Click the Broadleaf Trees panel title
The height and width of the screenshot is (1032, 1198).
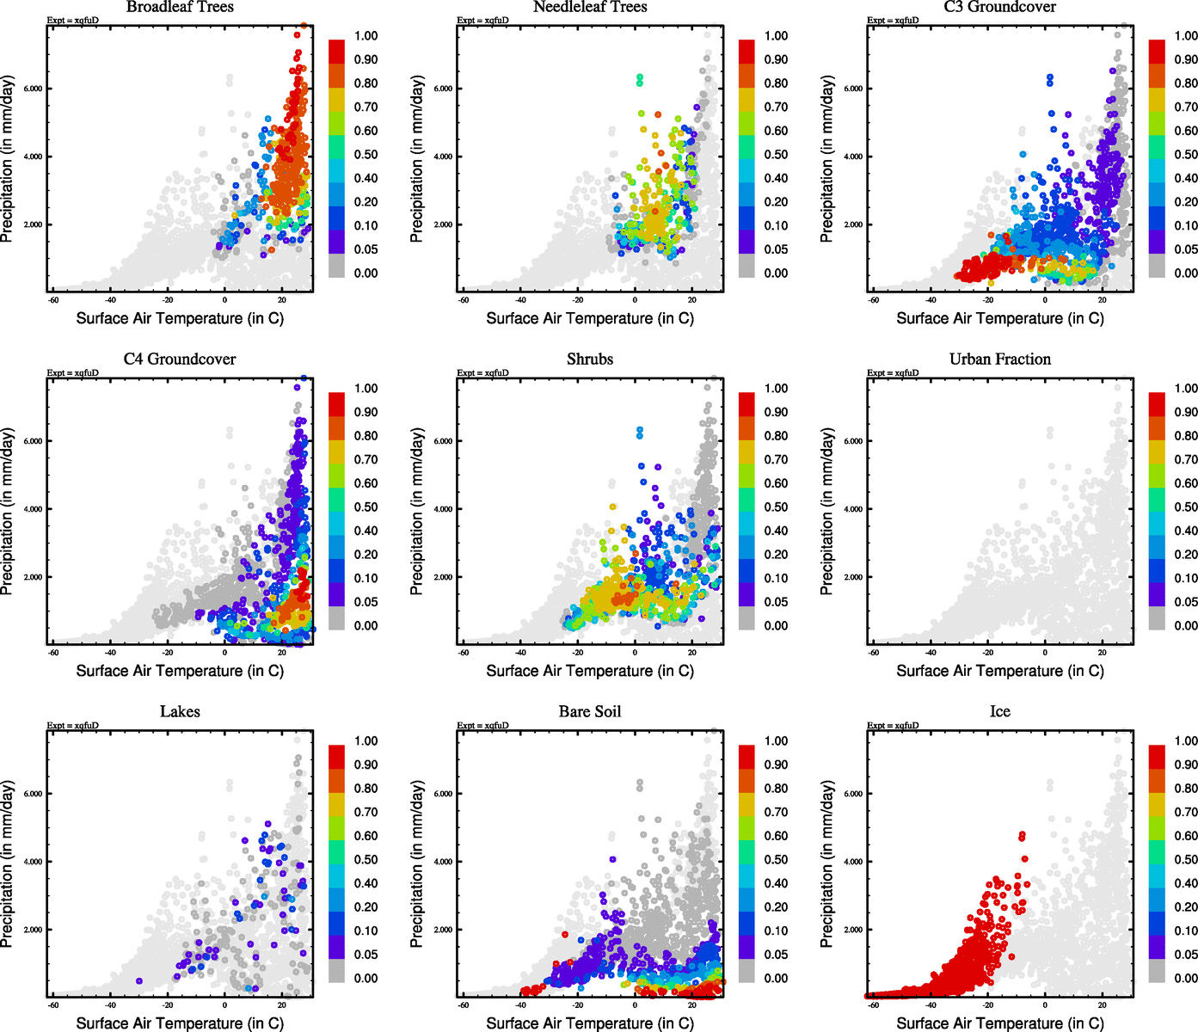tap(180, 8)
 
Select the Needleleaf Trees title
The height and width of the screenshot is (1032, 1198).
tap(590, 8)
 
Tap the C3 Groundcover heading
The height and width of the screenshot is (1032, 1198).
tap(999, 8)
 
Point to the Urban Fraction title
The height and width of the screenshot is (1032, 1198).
tap(999, 359)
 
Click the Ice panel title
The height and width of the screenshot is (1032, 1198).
tap(999, 712)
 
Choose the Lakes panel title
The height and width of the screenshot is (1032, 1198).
tap(180, 712)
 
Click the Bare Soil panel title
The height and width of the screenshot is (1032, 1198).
tap(590, 712)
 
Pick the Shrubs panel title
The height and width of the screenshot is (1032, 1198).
tap(590, 359)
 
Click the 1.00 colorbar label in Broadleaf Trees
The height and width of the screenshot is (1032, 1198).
tap(366, 36)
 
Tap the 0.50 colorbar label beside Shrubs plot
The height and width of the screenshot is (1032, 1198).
tap(776, 507)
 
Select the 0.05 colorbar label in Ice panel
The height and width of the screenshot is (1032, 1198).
tap(1186, 955)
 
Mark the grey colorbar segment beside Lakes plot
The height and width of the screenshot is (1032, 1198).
tap(336, 972)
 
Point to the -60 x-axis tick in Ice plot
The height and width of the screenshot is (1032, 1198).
tap(873, 1004)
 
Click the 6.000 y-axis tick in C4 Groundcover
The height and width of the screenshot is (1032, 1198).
tap(33, 441)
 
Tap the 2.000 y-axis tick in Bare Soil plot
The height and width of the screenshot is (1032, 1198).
tap(443, 930)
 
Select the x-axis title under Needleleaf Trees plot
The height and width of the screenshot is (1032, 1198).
tap(590, 318)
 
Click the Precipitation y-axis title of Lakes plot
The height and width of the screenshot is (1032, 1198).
tap(8, 864)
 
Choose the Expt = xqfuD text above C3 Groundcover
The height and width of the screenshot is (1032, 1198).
tap(893, 21)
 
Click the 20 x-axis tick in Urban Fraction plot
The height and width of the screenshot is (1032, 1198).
tap(1102, 652)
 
